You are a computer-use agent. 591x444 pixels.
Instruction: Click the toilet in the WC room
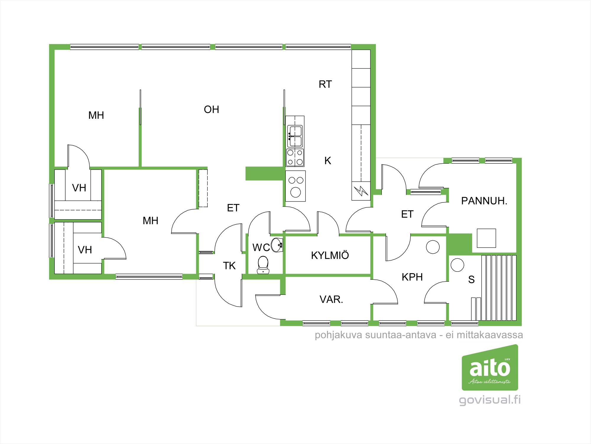[263, 265]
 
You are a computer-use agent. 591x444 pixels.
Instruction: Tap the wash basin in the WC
[277, 245]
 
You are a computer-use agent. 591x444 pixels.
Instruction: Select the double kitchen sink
[295, 136]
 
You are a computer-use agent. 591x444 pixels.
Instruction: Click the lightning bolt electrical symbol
[361, 191]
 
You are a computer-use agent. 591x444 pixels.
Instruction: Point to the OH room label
[212, 110]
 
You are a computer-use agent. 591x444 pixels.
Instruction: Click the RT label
[325, 84]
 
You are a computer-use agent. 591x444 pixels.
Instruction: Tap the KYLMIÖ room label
[330, 255]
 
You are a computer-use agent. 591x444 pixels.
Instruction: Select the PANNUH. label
[484, 201]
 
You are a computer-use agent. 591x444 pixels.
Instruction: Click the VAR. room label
[331, 299]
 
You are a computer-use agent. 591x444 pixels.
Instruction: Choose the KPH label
[412, 277]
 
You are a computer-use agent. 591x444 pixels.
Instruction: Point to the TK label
[229, 266]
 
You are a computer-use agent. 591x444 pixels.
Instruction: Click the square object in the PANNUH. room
[486, 238]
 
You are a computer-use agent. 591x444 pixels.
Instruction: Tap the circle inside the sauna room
[457, 265]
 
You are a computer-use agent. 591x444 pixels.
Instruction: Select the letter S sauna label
[471, 279]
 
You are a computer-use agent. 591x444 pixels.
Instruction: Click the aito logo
[490, 367]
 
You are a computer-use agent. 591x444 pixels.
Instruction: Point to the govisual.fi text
[490, 400]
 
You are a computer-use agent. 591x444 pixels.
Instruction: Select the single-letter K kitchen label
[328, 161]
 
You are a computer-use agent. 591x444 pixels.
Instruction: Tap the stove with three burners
[295, 186]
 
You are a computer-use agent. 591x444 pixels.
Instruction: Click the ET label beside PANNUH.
[407, 214]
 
